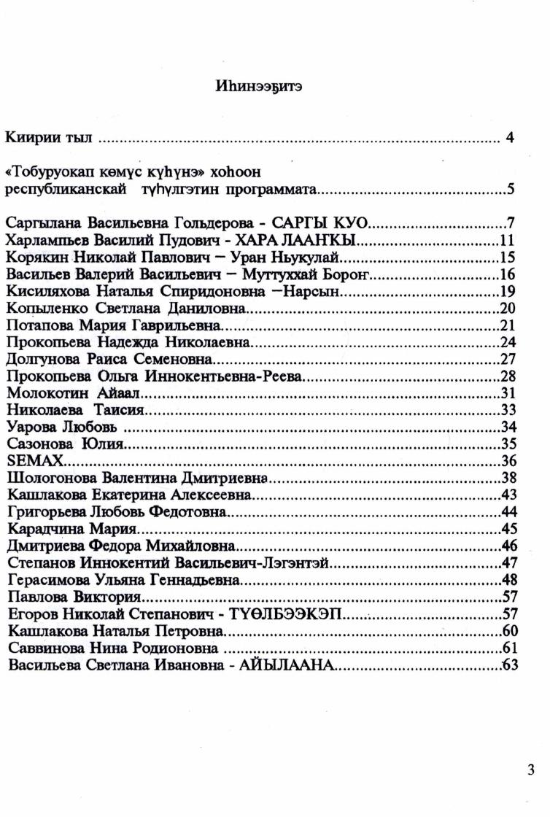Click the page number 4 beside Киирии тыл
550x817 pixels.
[x=511, y=136]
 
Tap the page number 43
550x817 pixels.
[x=509, y=495]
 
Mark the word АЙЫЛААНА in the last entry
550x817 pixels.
[x=287, y=665]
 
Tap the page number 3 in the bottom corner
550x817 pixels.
[x=530, y=769]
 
